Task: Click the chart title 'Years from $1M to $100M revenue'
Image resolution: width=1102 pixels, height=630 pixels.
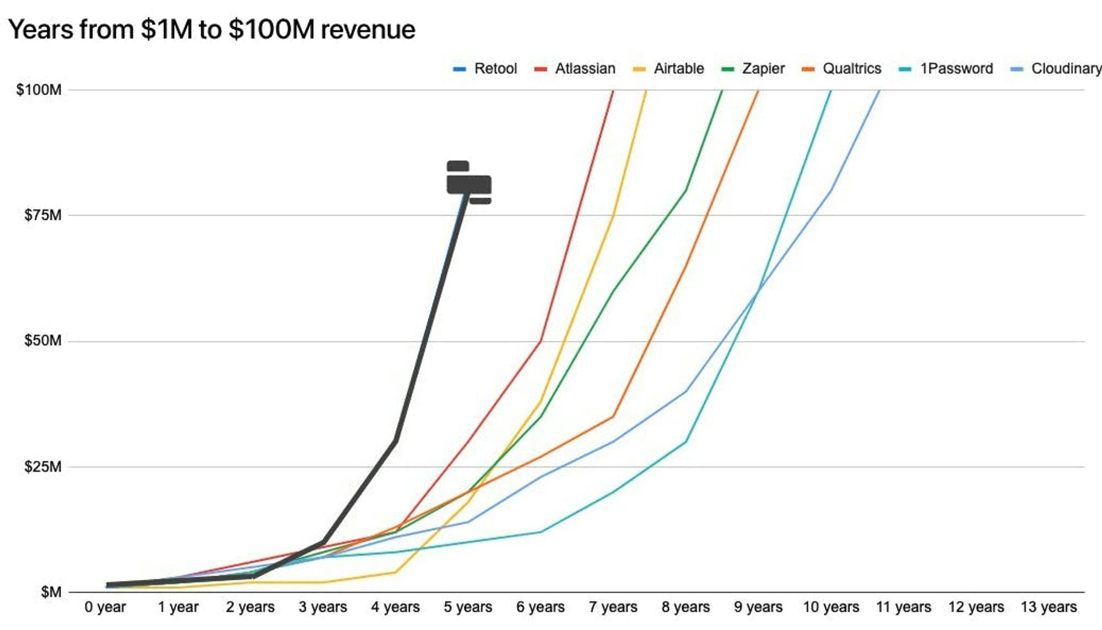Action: click(x=212, y=29)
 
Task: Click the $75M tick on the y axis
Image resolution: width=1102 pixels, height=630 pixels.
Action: click(x=43, y=215)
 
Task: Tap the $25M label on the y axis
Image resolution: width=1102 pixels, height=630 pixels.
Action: click(x=43, y=467)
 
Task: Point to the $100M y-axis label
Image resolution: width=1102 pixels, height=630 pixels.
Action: click(x=39, y=90)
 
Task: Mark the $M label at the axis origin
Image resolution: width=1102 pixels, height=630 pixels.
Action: click(x=51, y=593)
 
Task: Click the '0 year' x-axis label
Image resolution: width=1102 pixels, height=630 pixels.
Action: click(x=105, y=607)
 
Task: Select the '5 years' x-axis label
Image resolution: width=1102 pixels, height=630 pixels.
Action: click(x=468, y=607)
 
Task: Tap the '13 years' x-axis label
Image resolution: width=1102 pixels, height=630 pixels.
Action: click(x=1049, y=607)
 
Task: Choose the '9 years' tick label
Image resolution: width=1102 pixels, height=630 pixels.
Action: click(x=758, y=607)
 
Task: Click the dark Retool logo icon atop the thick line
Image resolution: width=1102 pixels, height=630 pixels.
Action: click(x=468, y=182)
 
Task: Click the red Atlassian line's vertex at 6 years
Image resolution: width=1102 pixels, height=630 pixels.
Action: click(x=541, y=341)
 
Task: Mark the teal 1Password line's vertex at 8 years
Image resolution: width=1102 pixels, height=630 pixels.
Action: click(x=685, y=441)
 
